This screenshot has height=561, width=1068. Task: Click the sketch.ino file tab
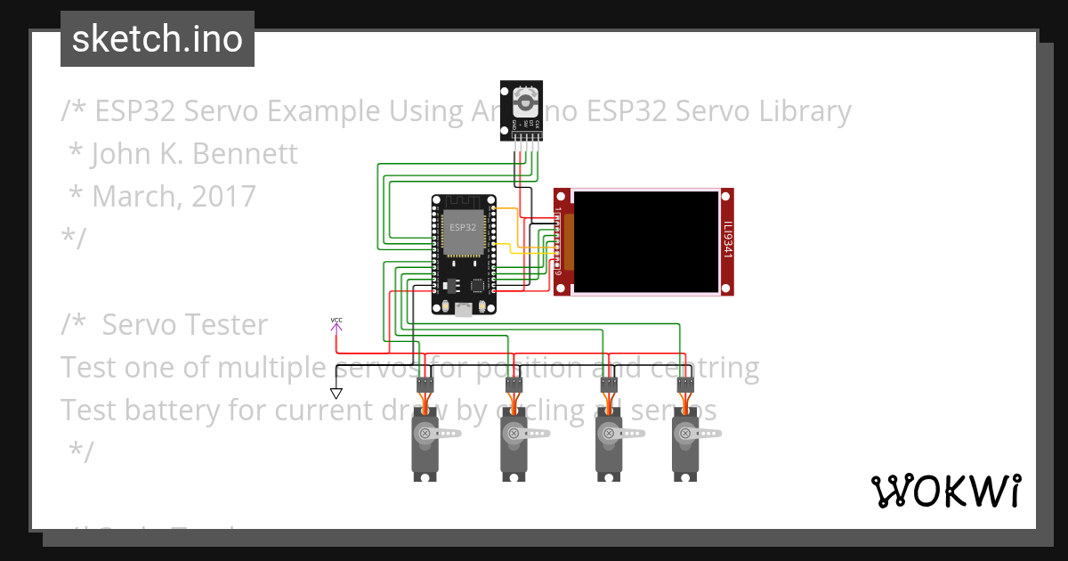tap(158, 39)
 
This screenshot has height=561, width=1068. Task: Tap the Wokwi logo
tap(945, 491)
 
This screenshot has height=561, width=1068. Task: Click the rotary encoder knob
tap(525, 98)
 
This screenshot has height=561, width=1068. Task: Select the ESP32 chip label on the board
tap(462, 227)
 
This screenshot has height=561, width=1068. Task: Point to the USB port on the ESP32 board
tap(463, 309)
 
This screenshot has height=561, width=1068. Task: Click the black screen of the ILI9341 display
tap(646, 241)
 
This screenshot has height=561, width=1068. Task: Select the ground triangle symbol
tap(336, 393)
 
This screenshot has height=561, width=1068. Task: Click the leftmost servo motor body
tap(425, 450)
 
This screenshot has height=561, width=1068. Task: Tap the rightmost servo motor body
tap(684, 450)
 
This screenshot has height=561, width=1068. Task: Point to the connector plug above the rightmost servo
tap(684, 385)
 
